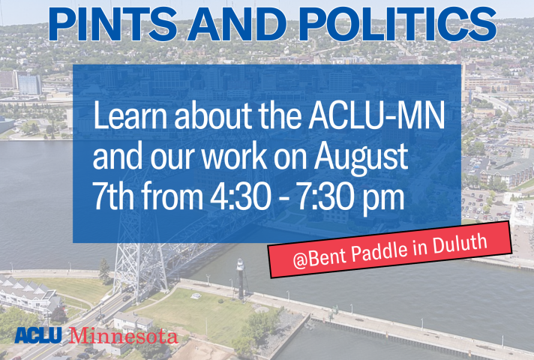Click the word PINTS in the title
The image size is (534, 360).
pyautogui.click(x=112, y=24)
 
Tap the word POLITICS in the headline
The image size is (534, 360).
pyautogui.click(x=397, y=24)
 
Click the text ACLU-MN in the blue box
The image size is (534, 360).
pyautogui.click(x=376, y=115)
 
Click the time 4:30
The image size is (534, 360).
pyautogui.click(x=238, y=196)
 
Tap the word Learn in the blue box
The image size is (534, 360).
pyautogui.click(x=130, y=115)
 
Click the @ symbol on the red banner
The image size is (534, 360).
pyautogui.click(x=300, y=261)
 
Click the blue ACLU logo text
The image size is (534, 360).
pyautogui.click(x=38, y=334)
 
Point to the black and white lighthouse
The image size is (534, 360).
pyautogui.click(x=241, y=278)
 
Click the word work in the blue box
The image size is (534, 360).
pyautogui.click(x=233, y=156)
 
